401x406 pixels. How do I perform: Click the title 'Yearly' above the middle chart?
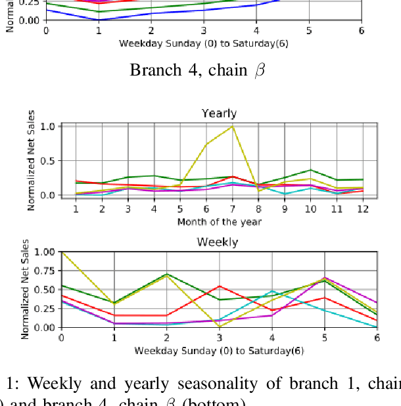(x=218, y=114)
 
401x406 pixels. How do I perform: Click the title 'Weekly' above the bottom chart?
(x=218, y=242)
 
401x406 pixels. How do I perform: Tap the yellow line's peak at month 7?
(x=232, y=126)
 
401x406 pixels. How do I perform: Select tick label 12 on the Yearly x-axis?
(x=362, y=208)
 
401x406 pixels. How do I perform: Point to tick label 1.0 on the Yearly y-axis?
(x=47, y=126)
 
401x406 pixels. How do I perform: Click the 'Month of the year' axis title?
(x=219, y=221)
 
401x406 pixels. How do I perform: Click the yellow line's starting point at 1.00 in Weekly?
(x=62, y=252)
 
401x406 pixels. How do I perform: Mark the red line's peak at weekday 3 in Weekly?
(x=219, y=286)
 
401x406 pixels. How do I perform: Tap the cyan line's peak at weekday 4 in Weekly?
(x=271, y=290)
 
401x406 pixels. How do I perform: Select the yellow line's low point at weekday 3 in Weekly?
(x=219, y=326)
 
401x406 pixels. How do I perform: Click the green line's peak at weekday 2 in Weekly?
(x=166, y=274)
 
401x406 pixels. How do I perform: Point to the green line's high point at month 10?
(x=310, y=170)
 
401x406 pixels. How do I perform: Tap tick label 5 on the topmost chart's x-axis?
(x=308, y=31)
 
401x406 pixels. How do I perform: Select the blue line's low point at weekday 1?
(x=98, y=20)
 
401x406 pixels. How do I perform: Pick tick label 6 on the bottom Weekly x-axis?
(x=377, y=338)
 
